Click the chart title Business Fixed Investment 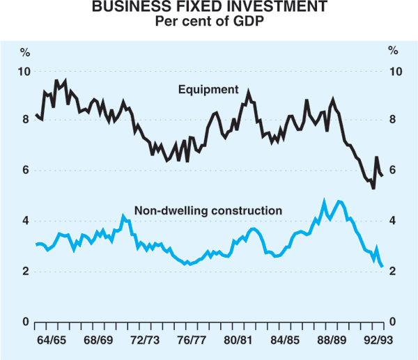tap(208, 9)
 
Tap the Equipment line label tap(208, 90)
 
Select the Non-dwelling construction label tap(208, 210)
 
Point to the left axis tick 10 tap(24, 71)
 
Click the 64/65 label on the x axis tap(54, 341)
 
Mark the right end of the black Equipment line tap(382, 176)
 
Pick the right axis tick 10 tap(394, 71)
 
